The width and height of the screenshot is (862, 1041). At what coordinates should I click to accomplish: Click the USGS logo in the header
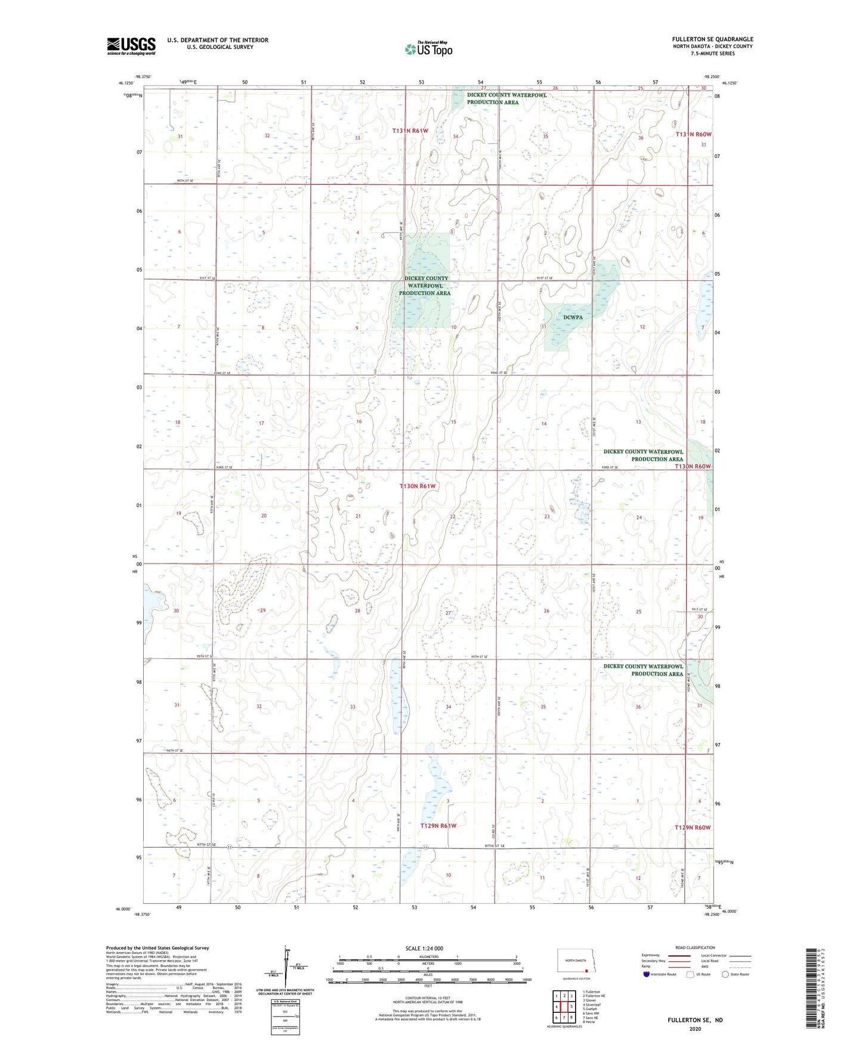click(x=131, y=46)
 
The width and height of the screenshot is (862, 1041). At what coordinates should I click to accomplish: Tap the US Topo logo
click(x=428, y=49)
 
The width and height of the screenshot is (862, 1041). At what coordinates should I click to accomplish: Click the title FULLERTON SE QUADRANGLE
click(x=712, y=39)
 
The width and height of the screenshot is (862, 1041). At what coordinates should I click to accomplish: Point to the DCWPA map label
click(x=573, y=318)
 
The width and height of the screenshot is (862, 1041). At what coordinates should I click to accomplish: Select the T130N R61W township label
click(x=418, y=487)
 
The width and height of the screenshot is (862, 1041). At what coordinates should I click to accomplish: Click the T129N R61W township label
click(x=438, y=826)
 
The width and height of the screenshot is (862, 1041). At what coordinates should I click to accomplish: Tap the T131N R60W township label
click(x=693, y=135)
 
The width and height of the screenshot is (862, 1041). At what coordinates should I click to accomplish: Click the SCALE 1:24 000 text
click(x=424, y=949)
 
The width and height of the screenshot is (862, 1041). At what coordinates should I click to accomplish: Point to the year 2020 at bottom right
click(x=695, y=1028)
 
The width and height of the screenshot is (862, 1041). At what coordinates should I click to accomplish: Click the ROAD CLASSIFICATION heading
click(x=695, y=947)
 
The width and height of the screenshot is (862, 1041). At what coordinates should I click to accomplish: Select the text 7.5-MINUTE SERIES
click(x=712, y=54)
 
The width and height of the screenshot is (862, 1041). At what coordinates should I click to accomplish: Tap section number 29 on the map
click(x=262, y=611)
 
